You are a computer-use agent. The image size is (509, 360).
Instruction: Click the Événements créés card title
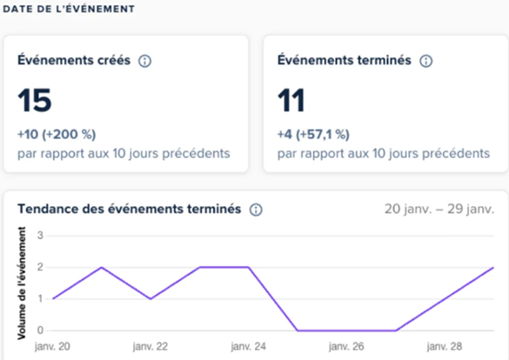[74, 61]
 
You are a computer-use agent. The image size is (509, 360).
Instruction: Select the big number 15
[35, 101]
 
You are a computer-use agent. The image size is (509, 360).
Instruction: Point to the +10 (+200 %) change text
[57, 134]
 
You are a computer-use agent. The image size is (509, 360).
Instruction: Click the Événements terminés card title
[344, 61]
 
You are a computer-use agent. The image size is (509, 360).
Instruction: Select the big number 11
[292, 101]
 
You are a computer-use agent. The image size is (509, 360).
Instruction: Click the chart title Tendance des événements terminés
[129, 210]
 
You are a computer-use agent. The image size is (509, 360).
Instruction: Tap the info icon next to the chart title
[256, 210]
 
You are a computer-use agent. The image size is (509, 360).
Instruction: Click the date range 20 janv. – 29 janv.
[439, 210]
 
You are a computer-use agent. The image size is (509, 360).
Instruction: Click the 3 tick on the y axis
[40, 236]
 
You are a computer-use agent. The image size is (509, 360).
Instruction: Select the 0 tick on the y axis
[40, 330]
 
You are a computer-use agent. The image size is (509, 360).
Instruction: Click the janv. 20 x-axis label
[52, 347]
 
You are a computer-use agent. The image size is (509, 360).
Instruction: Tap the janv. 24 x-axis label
[249, 347]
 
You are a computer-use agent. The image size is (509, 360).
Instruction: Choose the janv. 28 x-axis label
[445, 347]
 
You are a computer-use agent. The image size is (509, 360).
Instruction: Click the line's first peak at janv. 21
[102, 267]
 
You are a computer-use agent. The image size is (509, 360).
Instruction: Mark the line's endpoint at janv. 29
[494, 268]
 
